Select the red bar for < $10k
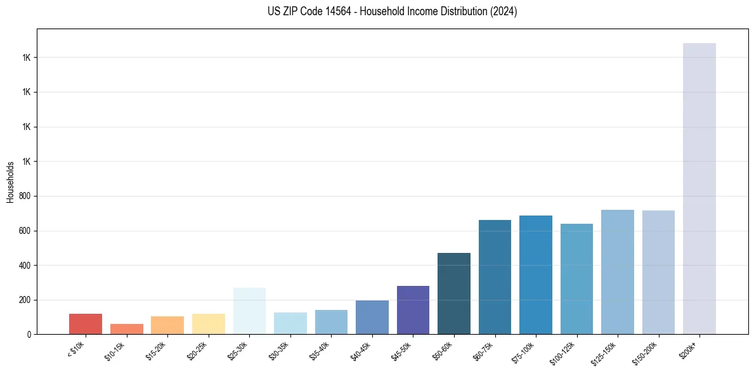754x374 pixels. pyautogui.click(x=85, y=324)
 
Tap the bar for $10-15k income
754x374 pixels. pyautogui.click(x=126, y=329)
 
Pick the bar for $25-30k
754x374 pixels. pyautogui.click(x=249, y=311)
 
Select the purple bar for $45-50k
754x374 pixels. pyautogui.click(x=413, y=310)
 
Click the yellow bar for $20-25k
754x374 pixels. pyautogui.click(x=208, y=324)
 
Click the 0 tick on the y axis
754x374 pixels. pyautogui.click(x=30, y=334)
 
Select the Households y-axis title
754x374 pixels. pyautogui.click(x=10, y=182)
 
